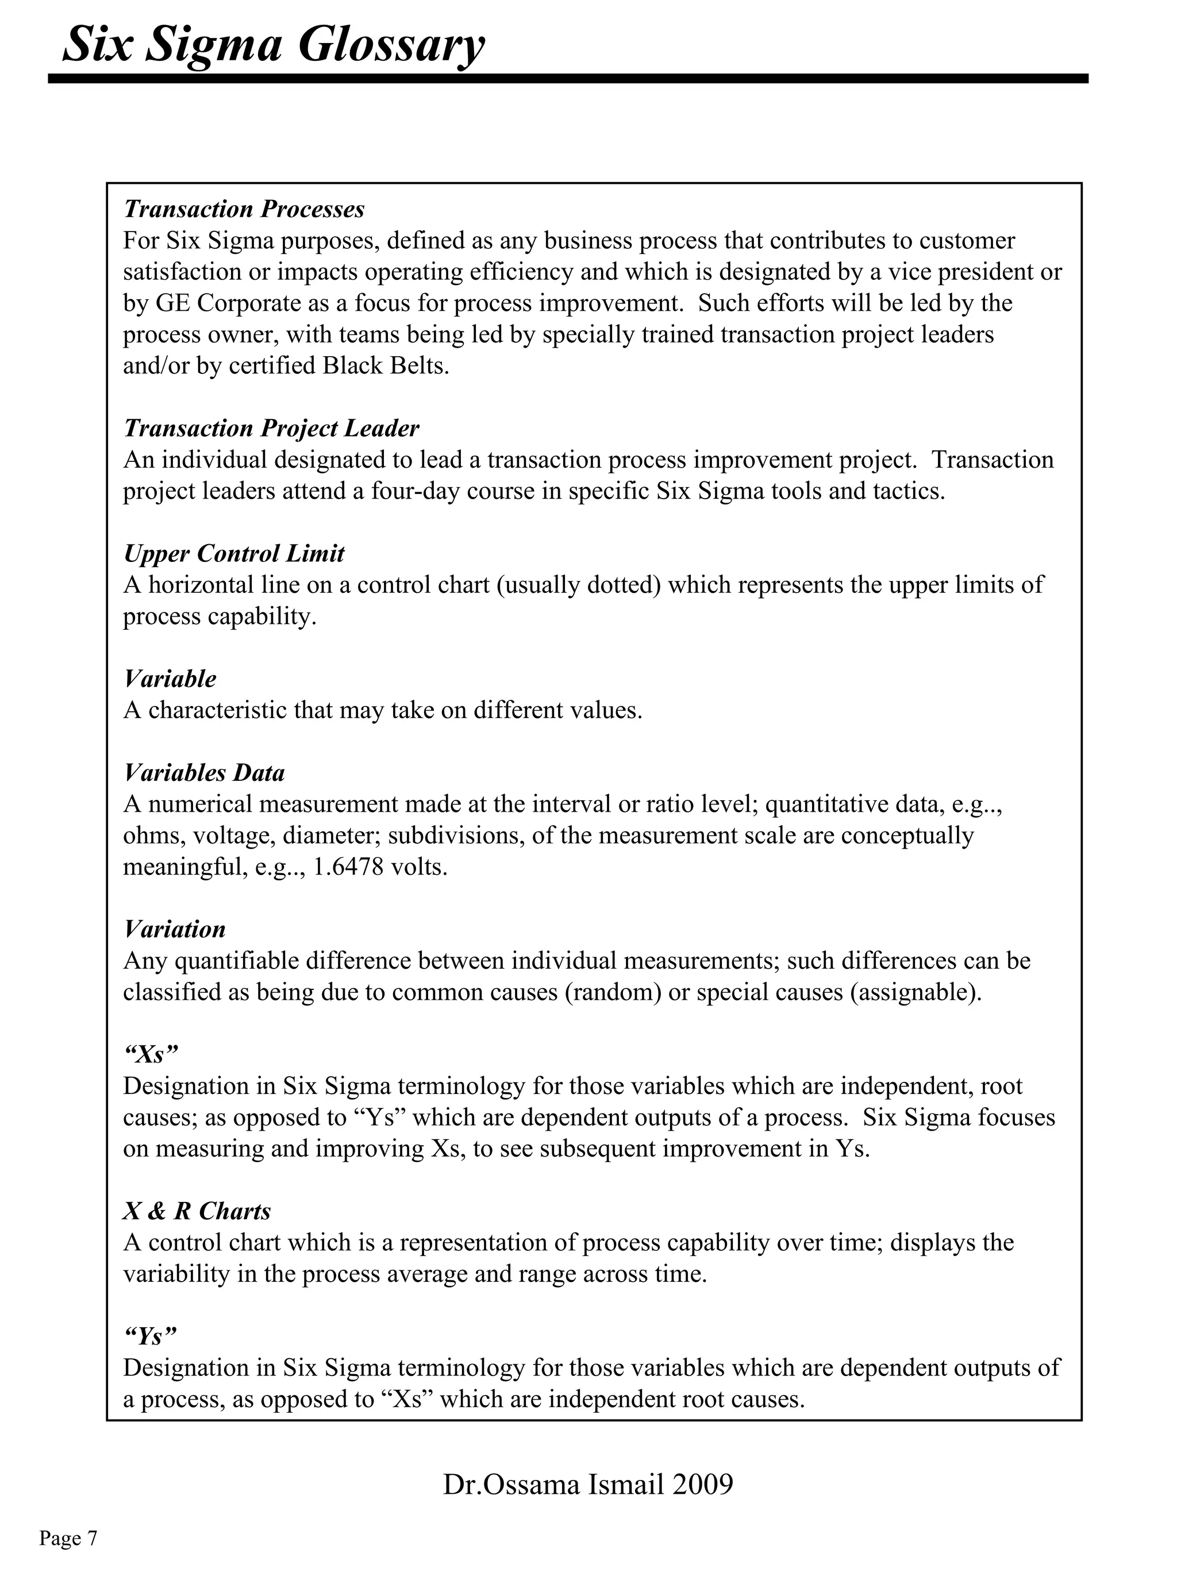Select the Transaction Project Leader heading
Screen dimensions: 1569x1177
[271, 429]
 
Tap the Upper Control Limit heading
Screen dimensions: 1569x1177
[233, 553]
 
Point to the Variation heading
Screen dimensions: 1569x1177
[175, 929]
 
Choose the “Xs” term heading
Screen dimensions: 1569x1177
[151, 1054]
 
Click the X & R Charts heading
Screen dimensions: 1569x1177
[197, 1211]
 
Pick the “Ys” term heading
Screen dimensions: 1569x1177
[149, 1336]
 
